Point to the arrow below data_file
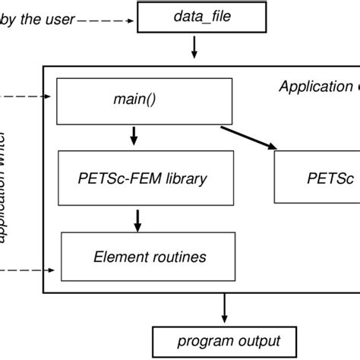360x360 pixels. point(194,49)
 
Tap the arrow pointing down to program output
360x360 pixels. point(224,308)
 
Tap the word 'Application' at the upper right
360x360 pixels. point(312,86)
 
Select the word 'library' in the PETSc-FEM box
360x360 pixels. point(182,180)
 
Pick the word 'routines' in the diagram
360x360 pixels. point(179,257)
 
